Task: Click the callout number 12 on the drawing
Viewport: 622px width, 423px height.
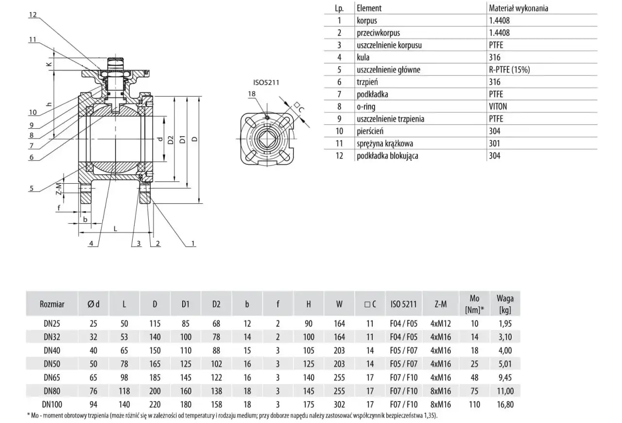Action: tap(33, 15)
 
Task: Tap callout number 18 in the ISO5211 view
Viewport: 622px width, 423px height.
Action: tap(252, 94)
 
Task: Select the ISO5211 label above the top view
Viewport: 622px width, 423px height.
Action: tap(266, 83)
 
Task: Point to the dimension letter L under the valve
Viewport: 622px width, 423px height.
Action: tap(116, 229)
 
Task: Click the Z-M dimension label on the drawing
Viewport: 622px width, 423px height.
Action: tap(59, 189)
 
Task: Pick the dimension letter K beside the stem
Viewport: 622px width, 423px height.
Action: tap(49, 64)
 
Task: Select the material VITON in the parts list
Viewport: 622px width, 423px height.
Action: tap(498, 106)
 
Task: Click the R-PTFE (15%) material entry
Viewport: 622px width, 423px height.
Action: tap(509, 70)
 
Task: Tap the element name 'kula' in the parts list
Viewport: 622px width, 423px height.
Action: tap(363, 57)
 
